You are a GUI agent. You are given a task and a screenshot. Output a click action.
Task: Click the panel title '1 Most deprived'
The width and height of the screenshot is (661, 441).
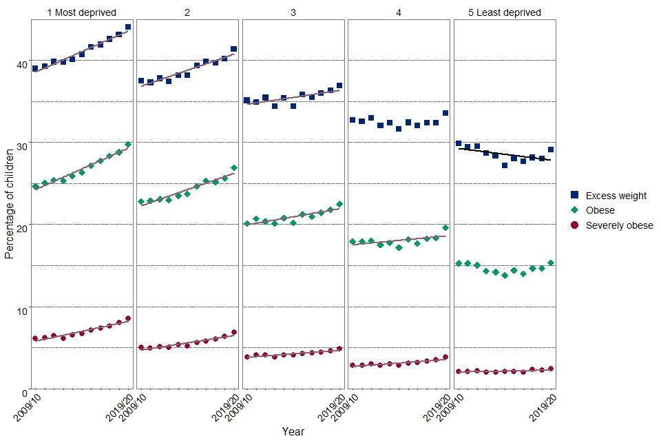[81, 12]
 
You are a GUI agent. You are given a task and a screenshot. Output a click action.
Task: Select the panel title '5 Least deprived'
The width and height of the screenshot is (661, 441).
[505, 12]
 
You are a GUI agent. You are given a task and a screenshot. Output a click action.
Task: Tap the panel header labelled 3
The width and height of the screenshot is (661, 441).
[293, 12]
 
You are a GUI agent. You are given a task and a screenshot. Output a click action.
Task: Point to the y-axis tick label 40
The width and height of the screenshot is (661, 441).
[22, 65]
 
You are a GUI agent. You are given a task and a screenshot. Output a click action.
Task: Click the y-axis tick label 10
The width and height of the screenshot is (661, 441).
[22, 311]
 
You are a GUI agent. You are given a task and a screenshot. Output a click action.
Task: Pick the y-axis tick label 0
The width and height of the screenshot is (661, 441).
[25, 393]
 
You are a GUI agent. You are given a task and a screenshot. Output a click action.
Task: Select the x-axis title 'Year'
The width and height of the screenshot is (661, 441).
[293, 431]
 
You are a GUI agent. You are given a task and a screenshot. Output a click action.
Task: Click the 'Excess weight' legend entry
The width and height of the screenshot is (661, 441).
[616, 196]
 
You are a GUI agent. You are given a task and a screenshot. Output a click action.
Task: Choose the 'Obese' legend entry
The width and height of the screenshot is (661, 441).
[600, 210]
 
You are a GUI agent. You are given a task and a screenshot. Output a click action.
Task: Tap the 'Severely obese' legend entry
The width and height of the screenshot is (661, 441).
[619, 225]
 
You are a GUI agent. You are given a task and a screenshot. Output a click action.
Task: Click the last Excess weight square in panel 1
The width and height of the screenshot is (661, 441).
[128, 27]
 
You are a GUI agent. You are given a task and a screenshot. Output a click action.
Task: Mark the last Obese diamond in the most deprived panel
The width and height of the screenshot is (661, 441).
[128, 145]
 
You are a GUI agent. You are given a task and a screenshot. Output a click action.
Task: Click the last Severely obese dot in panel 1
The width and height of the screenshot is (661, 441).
[128, 318]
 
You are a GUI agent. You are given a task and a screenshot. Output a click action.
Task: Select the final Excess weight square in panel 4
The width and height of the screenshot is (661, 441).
[445, 113]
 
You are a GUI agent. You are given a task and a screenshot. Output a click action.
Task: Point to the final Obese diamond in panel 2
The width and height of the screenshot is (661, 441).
[234, 167]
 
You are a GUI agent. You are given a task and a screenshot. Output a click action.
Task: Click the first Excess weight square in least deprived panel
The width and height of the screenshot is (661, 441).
[459, 143]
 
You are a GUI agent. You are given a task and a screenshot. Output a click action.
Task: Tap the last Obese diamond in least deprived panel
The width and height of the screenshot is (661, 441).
[551, 263]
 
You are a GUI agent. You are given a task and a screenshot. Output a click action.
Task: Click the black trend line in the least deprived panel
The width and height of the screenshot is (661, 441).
[505, 154]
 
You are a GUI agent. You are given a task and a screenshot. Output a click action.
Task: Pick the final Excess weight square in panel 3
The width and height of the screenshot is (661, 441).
[339, 85]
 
